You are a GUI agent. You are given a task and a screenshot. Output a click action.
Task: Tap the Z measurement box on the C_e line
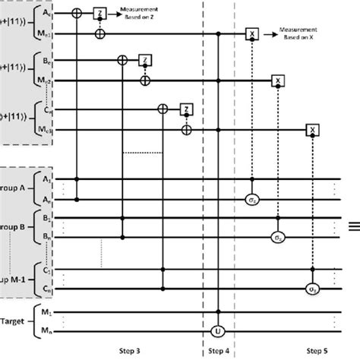[185, 109]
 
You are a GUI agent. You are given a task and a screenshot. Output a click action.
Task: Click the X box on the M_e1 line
[251, 34]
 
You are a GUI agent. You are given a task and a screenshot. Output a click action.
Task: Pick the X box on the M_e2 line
[279, 81]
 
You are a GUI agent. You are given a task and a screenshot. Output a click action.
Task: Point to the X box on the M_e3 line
[311, 130]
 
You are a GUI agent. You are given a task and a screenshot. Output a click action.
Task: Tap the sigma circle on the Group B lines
[279, 236]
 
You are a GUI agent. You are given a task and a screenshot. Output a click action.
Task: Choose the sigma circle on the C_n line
[311, 289]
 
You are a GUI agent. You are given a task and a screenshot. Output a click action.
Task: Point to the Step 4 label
[219, 352]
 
